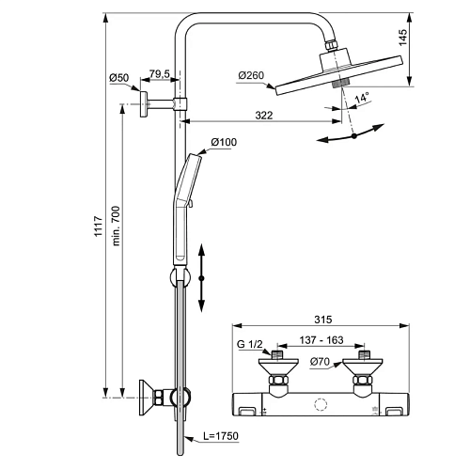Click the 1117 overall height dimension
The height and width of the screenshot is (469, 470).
click(x=99, y=226)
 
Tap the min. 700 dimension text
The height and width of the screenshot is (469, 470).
click(x=116, y=226)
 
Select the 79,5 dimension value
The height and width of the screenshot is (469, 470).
click(x=159, y=74)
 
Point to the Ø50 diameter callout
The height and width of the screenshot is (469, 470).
click(x=119, y=78)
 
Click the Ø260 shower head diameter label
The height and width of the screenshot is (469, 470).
click(x=251, y=75)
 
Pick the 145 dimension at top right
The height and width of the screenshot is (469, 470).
click(x=403, y=38)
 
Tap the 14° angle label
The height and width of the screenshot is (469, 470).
click(x=362, y=98)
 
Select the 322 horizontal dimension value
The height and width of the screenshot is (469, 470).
click(x=264, y=116)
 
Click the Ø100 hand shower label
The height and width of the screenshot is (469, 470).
click(x=224, y=142)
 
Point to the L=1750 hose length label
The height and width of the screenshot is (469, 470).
click(x=221, y=436)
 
